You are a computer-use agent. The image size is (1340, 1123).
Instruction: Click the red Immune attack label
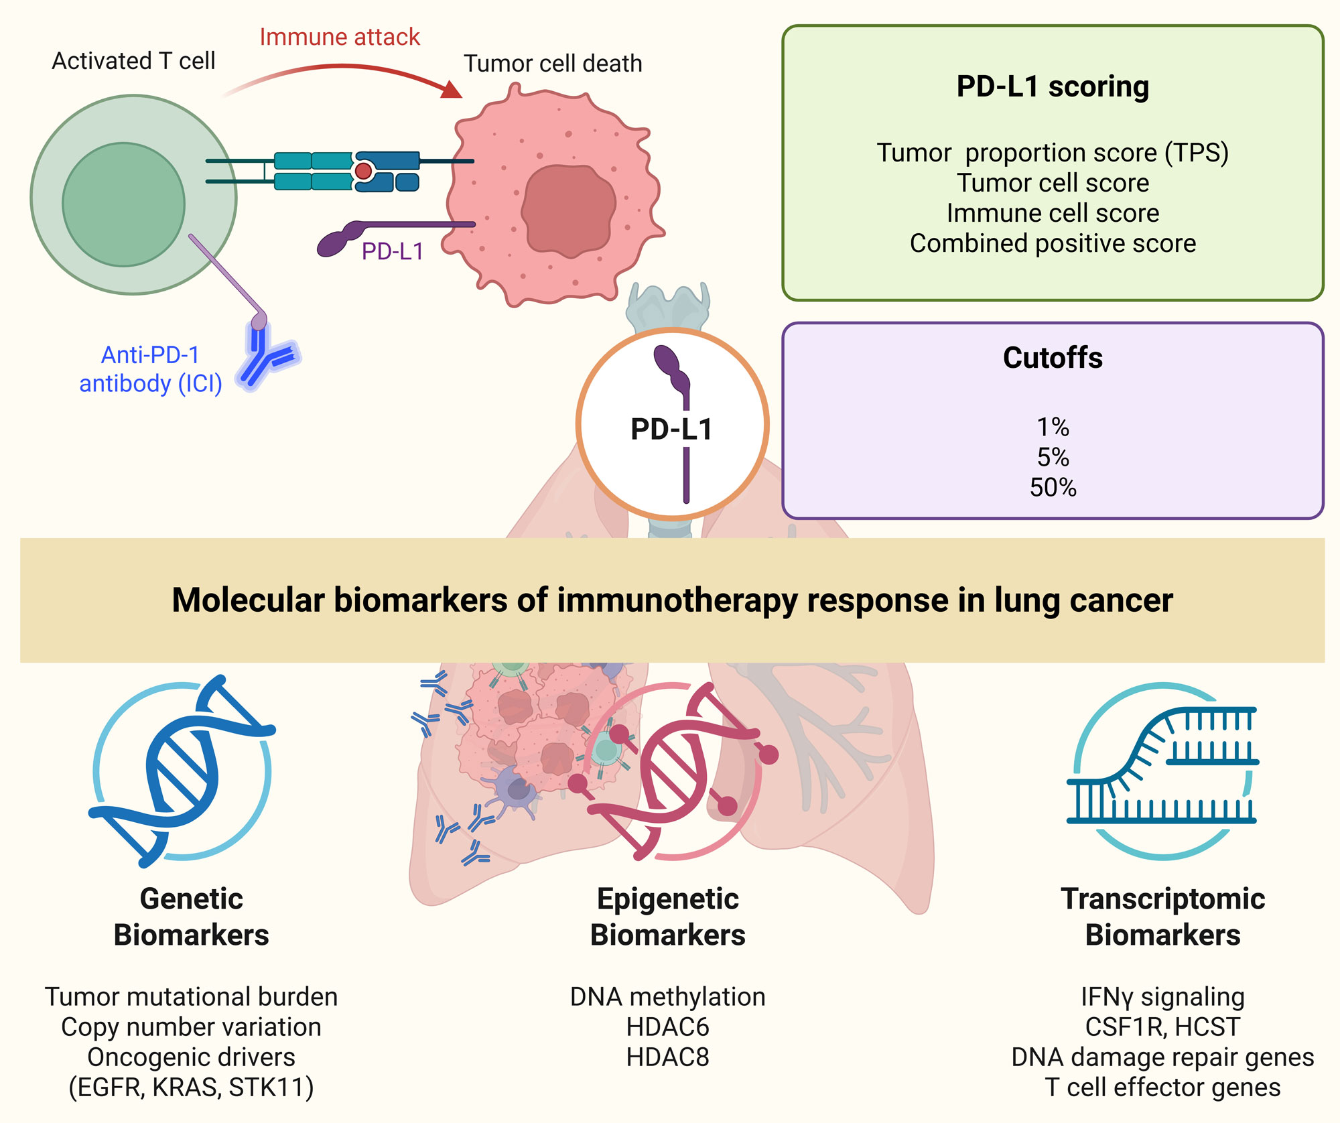339,37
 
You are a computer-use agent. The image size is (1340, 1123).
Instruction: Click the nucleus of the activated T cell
124,204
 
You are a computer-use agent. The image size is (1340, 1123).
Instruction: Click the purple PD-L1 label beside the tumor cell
393,251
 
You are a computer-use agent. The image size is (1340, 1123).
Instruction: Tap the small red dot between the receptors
363,171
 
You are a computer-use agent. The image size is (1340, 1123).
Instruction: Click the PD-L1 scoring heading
1053,86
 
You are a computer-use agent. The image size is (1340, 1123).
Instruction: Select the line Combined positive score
1053,243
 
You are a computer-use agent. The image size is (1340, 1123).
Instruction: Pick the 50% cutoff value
1053,487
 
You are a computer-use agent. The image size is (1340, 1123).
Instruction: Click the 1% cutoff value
1053,427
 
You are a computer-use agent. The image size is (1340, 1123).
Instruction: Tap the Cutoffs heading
1053,358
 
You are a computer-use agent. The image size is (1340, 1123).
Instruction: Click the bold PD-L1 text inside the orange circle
671,429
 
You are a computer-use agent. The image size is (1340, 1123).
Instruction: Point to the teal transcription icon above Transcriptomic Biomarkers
1162,771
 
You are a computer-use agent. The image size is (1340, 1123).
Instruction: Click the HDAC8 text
667,1057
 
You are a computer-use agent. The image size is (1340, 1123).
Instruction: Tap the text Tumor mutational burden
191,997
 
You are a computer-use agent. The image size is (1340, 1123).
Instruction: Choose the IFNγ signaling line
1162,997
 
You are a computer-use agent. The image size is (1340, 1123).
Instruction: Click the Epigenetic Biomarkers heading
667,917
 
